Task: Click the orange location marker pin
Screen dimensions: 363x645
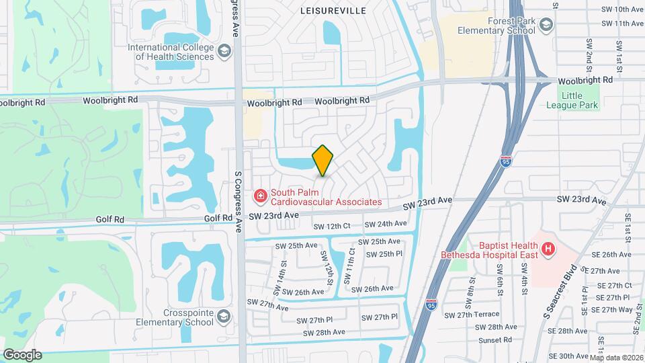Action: click(322, 160)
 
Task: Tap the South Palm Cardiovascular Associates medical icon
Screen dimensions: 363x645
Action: click(259, 196)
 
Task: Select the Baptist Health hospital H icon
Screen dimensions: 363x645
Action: click(548, 249)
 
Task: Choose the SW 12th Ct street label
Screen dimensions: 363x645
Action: click(332, 226)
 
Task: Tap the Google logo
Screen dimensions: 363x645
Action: click(22, 354)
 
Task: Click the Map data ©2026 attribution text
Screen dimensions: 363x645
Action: click(616, 358)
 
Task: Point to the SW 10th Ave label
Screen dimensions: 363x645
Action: click(619, 9)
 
